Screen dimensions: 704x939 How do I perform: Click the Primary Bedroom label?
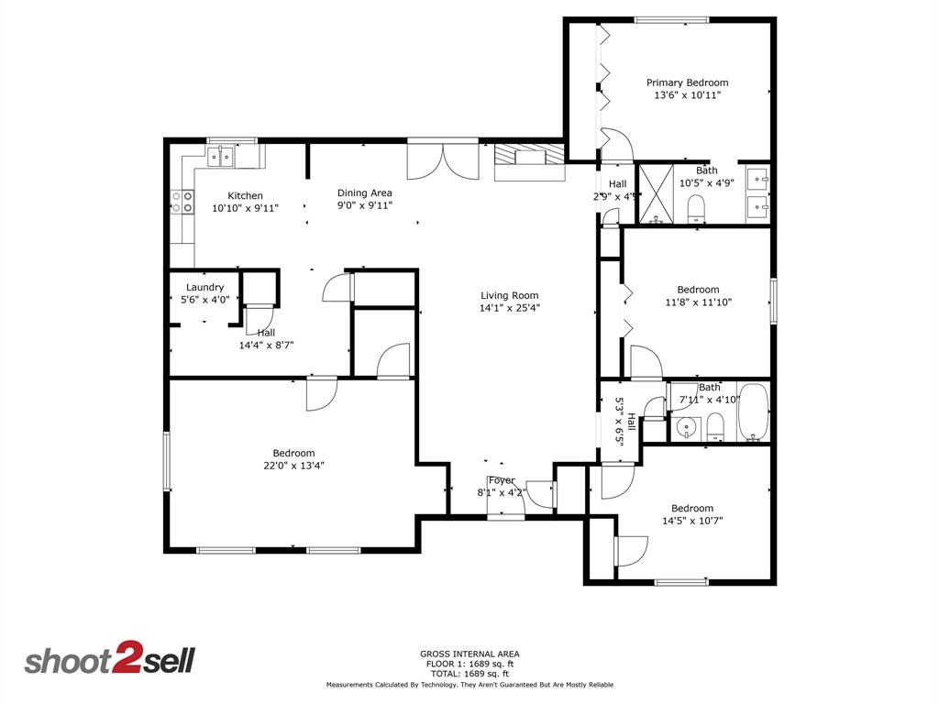point(687,82)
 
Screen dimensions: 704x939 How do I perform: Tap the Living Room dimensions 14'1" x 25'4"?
point(509,308)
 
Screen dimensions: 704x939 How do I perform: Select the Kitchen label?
point(245,195)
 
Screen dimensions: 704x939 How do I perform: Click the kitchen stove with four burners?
point(182,201)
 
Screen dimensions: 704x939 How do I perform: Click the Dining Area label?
point(364,192)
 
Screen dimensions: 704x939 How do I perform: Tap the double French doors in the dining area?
point(443,161)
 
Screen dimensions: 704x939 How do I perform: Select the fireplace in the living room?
point(529,161)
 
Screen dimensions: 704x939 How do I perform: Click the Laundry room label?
point(204,287)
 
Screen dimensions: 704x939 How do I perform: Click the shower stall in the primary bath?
point(655,193)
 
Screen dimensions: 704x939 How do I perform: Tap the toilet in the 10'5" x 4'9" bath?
point(695,208)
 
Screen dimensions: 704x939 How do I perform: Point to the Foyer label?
point(501,480)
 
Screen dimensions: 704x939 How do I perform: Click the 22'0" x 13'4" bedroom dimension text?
point(293,465)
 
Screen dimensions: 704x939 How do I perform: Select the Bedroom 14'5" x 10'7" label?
point(691,509)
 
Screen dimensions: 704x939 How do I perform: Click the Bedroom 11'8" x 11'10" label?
point(698,290)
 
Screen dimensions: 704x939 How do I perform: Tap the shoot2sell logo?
point(109,660)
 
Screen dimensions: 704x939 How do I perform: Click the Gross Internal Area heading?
point(469,654)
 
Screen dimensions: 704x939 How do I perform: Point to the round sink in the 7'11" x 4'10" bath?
point(687,426)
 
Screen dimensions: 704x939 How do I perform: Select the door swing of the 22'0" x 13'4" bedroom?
point(320,392)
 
